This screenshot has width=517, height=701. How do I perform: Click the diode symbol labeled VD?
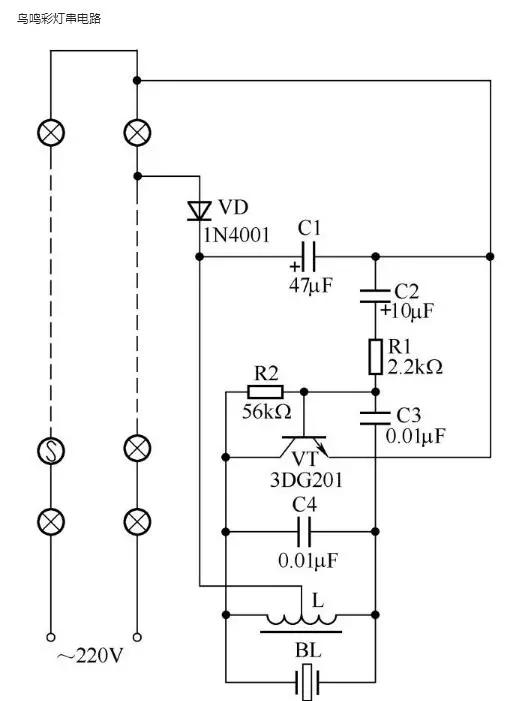(x=198, y=210)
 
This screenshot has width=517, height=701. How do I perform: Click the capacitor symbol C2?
(x=375, y=292)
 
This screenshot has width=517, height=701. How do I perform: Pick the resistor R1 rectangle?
(x=375, y=356)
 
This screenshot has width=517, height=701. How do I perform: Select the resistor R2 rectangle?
(x=266, y=391)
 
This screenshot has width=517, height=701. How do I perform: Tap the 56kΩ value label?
(x=267, y=412)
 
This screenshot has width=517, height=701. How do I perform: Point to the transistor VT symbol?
(x=305, y=445)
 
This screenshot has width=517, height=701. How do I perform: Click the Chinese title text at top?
(x=59, y=18)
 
